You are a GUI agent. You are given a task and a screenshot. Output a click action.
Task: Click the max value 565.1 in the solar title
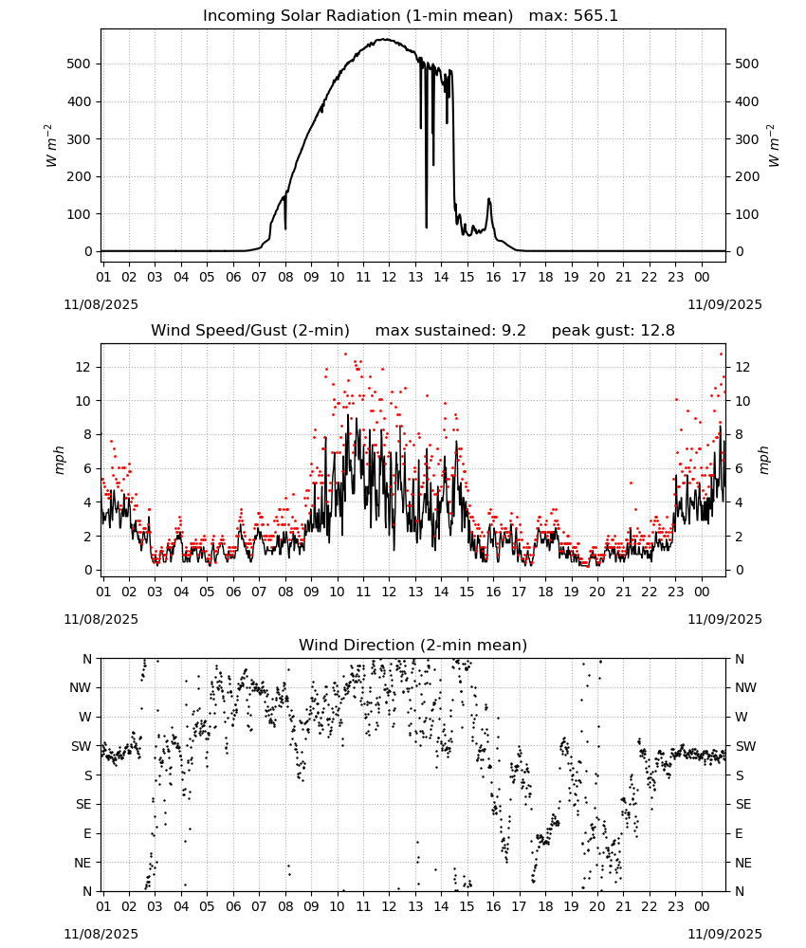pyautogui.click(x=596, y=16)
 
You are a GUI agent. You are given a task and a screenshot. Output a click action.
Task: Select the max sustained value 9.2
pyautogui.click(x=513, y=331)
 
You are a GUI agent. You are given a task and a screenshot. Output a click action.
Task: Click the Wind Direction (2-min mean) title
pyautogui.click(x=413, y=645)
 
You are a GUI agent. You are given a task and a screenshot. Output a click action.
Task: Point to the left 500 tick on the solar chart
pyautogui.click(x=80, y=64)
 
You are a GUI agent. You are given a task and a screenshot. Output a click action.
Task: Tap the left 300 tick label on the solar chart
pyautogui.click(x=80, y=139)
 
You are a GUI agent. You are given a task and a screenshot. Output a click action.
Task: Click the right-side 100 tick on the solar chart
pyautogui.click(x=747, y=214)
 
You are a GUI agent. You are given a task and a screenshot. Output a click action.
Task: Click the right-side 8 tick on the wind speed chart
pyautogui.click(x=740, y=435)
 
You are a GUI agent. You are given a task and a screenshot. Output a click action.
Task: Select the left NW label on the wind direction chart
pyautogui.click(x=81, y=688)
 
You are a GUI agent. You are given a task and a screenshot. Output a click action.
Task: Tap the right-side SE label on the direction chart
pyautogui.click(x=743, y=804)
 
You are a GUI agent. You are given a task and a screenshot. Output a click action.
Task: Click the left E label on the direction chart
pyautogui.click(x=87, y=833)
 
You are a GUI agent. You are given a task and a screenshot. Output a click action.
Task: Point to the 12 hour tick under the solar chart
pyautogui.click(x=389, y=278)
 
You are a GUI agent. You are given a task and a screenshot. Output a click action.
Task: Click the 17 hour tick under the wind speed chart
pyautogui.click(x=519, y=592)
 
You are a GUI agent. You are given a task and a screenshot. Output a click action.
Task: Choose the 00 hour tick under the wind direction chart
pyautogui.click(x=702, y=907)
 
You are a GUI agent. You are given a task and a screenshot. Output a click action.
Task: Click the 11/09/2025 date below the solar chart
pyautogui.click(x=724, y=304)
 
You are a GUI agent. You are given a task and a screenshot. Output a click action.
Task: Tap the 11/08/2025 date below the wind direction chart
pyautogui.click(x=101, y=934)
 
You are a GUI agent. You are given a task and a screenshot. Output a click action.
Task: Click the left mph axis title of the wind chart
pyautogui.click(x=59, y=460)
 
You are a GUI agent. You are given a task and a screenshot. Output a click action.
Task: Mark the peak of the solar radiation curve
pyautogui.click(x=383, y=39)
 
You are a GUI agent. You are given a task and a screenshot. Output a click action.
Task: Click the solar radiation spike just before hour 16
pyautogui.click(x=488, y=199)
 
